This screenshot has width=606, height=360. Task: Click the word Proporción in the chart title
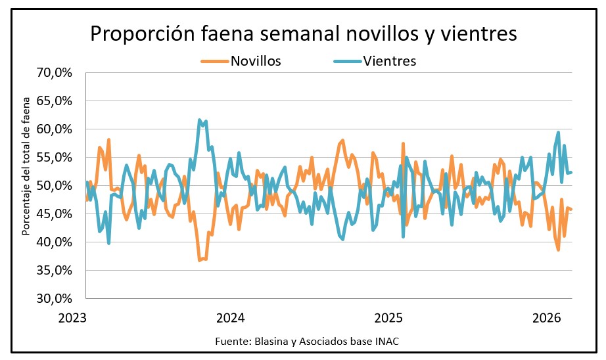(x=137, y=34)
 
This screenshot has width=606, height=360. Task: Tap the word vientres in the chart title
(x=475, y=34)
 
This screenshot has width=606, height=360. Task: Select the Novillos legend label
(x=256, y=61)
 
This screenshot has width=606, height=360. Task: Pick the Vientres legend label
(x=390, y=61)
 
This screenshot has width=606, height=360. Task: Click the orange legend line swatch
(x=214, y=61)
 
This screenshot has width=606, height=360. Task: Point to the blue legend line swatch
(x=347, y=61)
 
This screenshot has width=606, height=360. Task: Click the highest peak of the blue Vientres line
(x=199, y=120)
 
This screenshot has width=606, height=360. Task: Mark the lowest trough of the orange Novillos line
(x=199, y=261)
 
